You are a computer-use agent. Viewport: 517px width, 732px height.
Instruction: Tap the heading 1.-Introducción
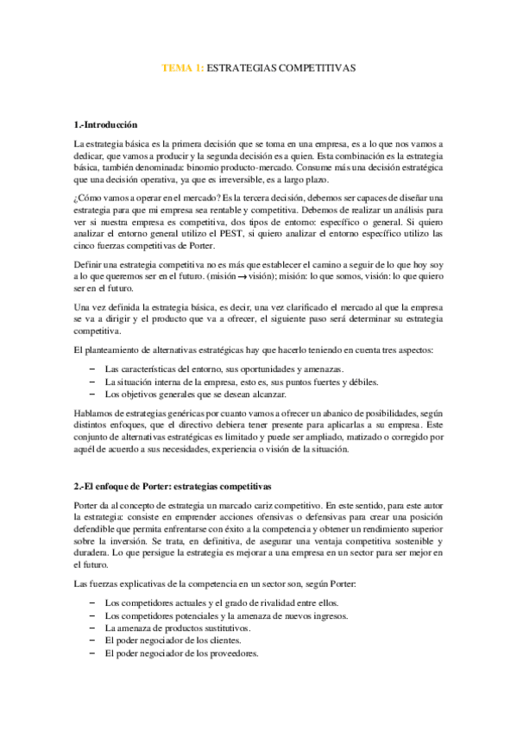(x=106, y=126)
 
